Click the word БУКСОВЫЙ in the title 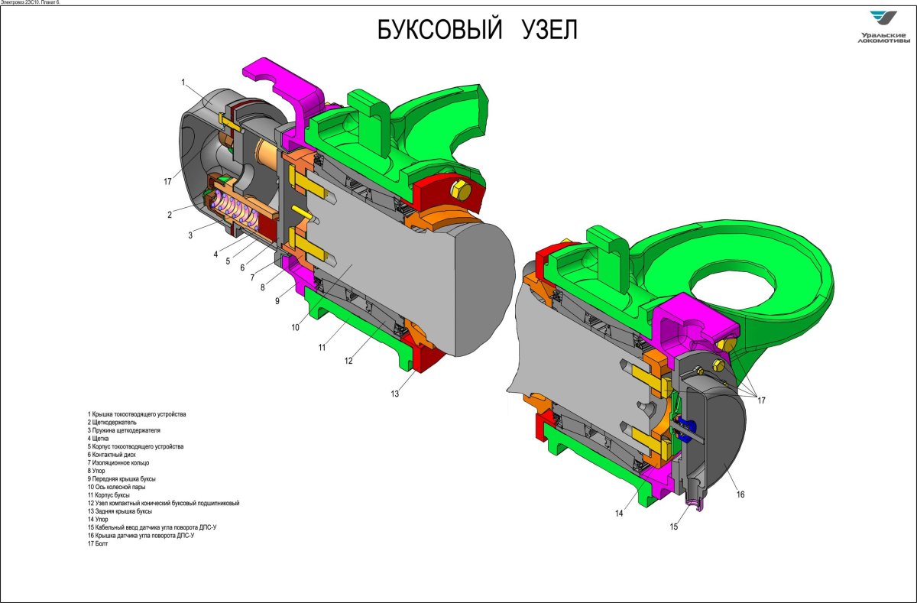439,29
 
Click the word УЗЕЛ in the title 549,30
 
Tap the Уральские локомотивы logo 883,28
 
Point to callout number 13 394,394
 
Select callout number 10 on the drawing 296,328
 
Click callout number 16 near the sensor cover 740,494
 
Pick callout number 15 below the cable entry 674,527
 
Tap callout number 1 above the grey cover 183,83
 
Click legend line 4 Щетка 98,439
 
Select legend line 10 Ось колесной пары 116,487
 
